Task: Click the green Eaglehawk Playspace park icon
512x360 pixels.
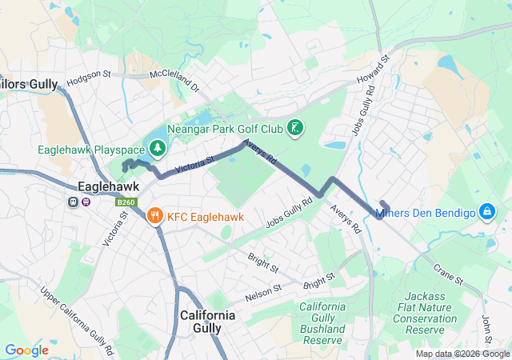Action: point(158,149)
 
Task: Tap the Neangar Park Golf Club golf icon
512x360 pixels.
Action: point(296,129)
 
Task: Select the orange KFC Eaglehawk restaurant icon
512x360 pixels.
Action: point(154,214)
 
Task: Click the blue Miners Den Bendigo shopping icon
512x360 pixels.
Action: point(485,212)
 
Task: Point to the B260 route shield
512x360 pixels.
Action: point(125,202)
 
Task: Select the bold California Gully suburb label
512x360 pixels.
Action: point(208,322)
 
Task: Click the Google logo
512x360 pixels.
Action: point(26,350)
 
